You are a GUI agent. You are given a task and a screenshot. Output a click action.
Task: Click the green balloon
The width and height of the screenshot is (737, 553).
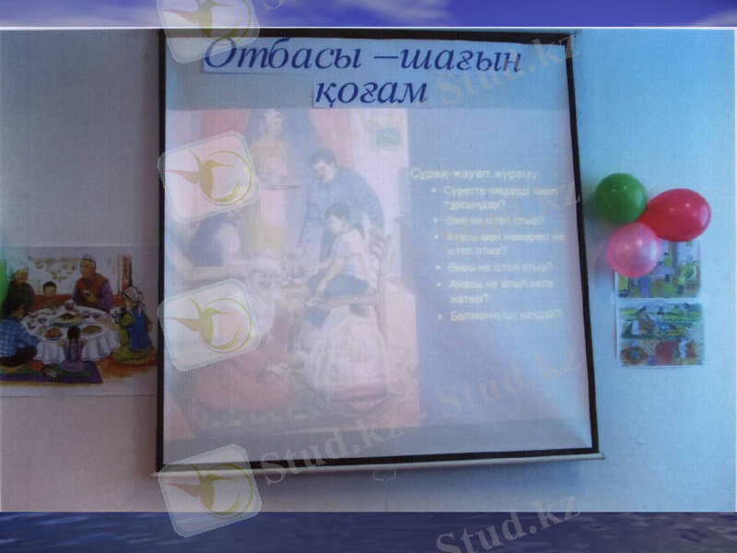[x=620, y=197]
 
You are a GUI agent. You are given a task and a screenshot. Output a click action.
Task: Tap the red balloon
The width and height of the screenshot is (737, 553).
[x=677, y=214]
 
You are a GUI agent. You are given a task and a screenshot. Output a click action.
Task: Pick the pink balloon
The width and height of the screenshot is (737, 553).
[x=633, y=248]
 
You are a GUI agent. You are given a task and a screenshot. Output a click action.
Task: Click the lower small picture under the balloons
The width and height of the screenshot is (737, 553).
[x=660, y=334]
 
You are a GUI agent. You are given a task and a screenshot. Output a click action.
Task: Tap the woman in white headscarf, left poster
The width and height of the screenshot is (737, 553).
[x=22, y=280]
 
